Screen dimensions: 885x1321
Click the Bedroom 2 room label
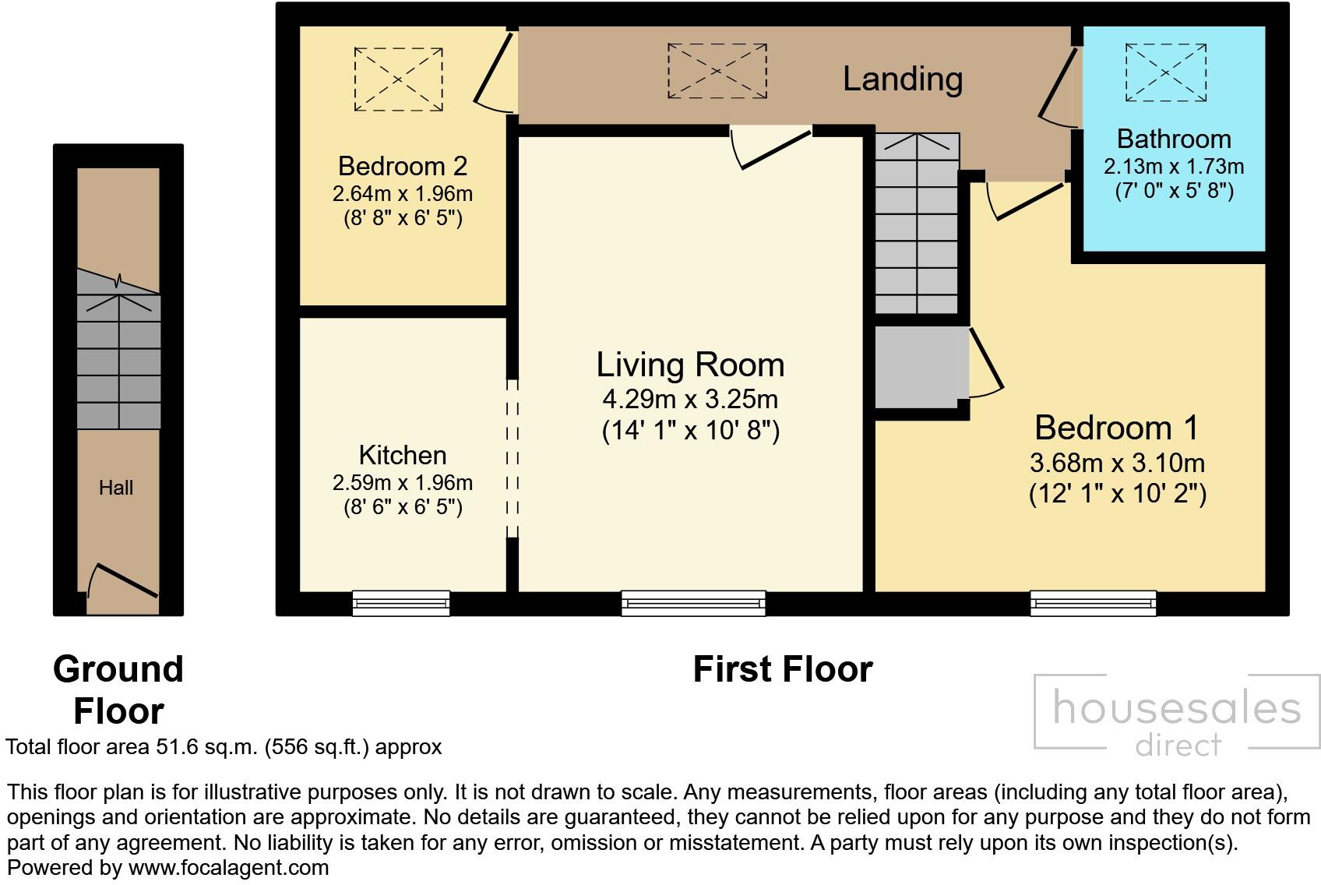click(x=403, y=166)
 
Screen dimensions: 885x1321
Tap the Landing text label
click(x=903, y=79)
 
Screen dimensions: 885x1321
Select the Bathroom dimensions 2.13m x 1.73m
click(x=1174, y=167)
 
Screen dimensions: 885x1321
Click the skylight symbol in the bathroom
click(x=1166, y=72)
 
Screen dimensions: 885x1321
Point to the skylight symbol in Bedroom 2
click(x=399, y=79)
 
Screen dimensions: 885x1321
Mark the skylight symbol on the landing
click(x=717, y=71)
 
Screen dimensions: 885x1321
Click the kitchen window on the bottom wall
click(x=401, y=602)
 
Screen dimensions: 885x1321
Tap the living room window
click(x=693, y=602)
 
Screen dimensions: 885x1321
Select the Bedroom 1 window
click(x=1094, y=602)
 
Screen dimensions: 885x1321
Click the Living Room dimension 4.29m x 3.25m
click(x=690, y=400)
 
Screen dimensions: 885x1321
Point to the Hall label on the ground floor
click(x=116, y=488)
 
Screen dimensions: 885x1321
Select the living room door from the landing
click(x=771, y=147)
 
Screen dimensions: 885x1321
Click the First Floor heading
click(x=783, y=669)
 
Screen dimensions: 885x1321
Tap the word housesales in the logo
click(x=1176, y=708)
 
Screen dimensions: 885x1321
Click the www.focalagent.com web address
click(x=228, y=868)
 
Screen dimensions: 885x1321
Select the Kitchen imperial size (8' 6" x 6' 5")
click(x=403, y=507)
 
